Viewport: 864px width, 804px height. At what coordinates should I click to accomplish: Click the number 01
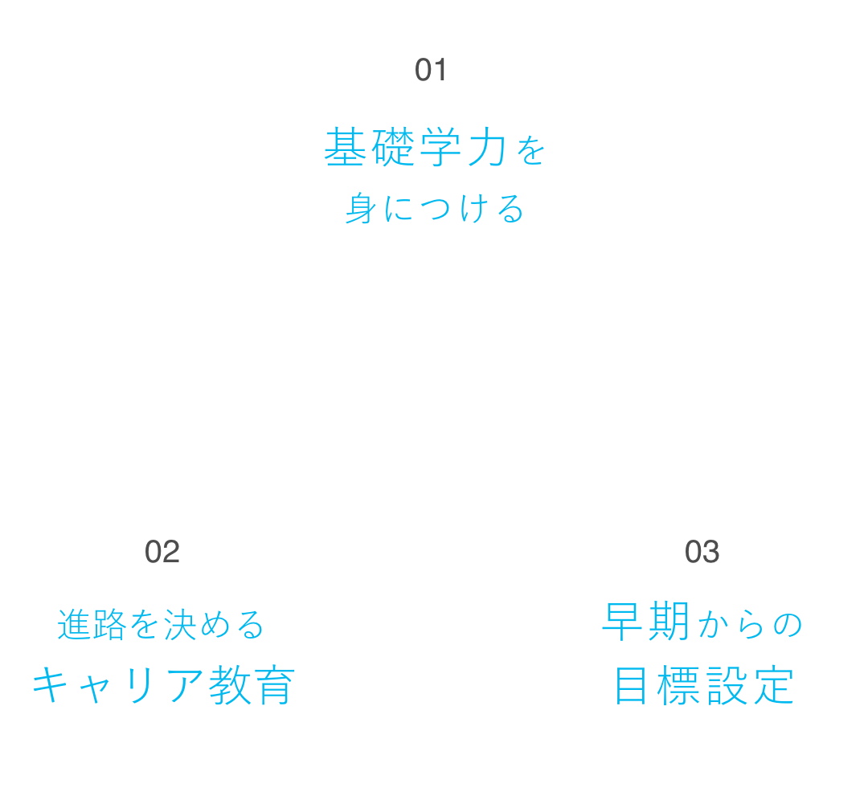430,71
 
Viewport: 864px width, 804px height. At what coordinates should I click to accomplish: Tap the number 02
162,553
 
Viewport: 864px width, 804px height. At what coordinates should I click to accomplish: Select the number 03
701,553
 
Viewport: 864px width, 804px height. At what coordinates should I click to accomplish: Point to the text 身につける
434,209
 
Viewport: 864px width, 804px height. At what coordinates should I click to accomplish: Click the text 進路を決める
161,626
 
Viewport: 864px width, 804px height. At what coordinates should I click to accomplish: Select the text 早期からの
702,626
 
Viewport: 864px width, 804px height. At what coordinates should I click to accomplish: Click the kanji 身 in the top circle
359,209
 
